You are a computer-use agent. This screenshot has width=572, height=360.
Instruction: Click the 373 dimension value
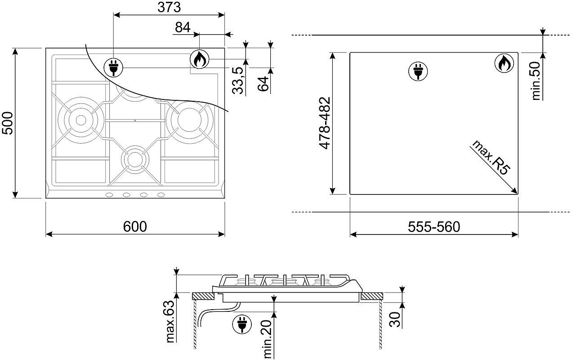click(169, 7)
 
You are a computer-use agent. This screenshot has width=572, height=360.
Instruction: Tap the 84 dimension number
click(183, 27)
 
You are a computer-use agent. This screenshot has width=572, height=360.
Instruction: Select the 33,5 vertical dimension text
click(238, 81)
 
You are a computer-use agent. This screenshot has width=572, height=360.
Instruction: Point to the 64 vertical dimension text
click(263, 84)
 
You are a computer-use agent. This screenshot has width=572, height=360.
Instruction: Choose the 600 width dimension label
click(135, 226)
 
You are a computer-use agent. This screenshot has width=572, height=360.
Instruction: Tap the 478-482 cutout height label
click(325, 123)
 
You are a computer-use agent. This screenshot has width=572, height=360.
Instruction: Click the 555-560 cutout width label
click(434, 227)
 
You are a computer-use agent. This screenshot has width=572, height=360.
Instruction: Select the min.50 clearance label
click(536, 81)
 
